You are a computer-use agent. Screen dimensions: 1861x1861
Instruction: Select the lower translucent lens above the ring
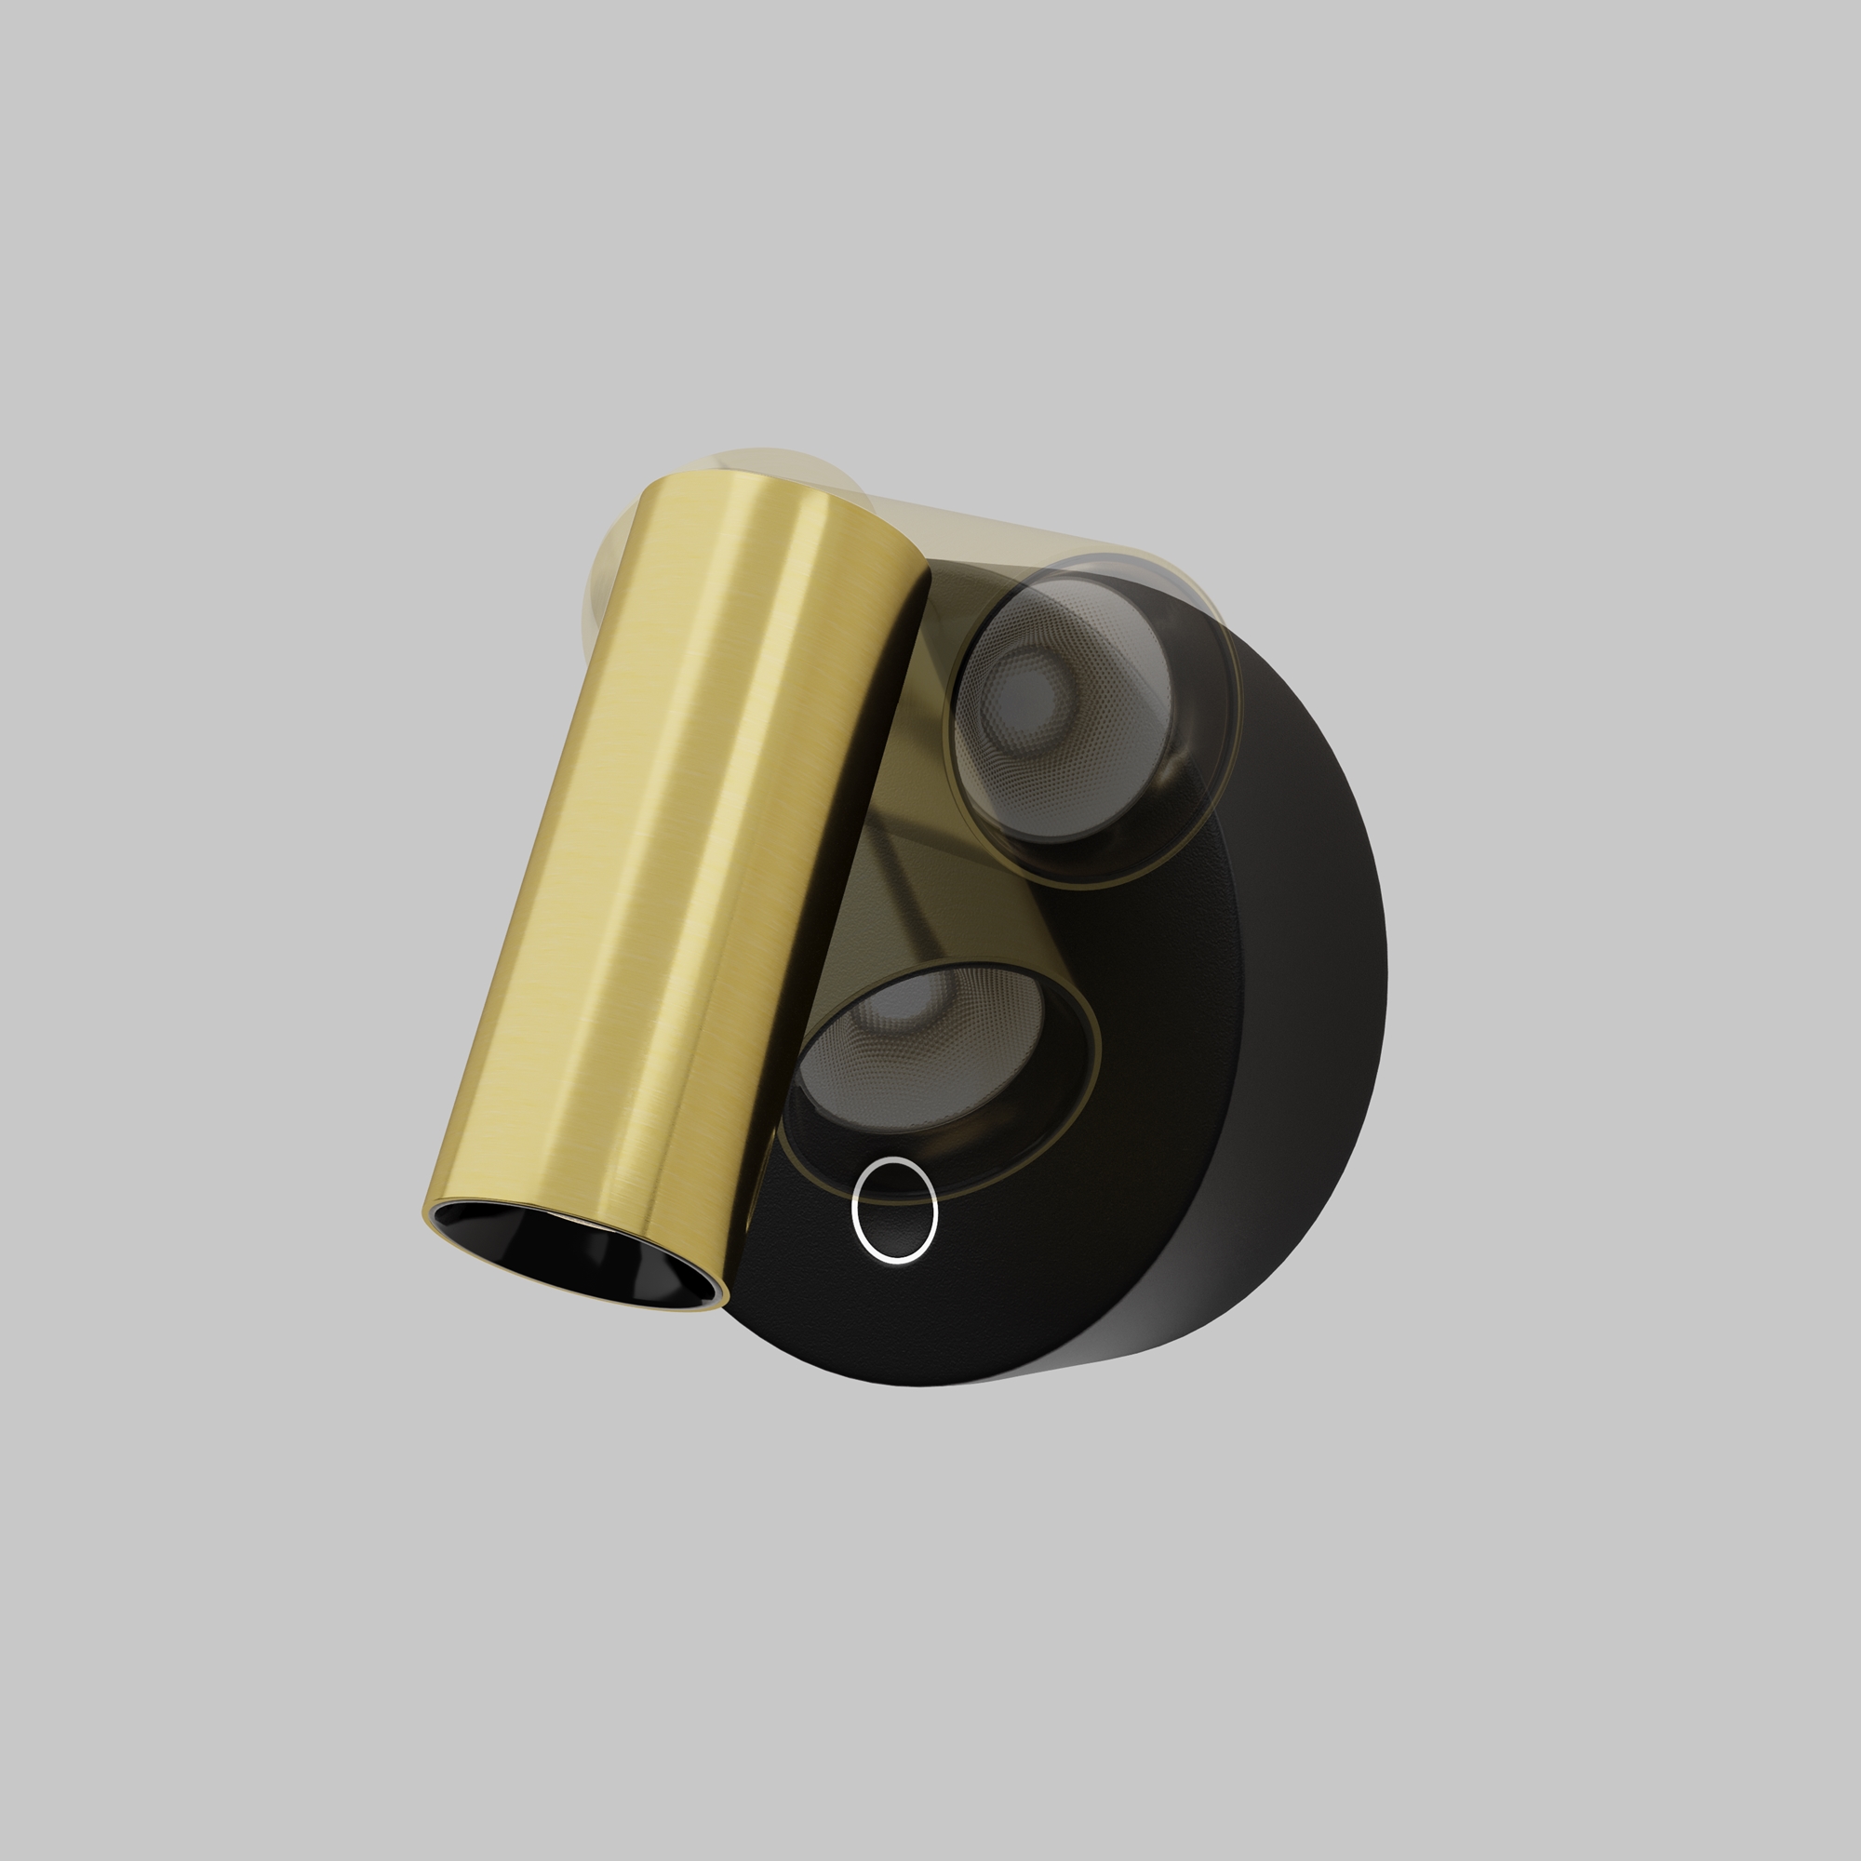[x=925, y=1060]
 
